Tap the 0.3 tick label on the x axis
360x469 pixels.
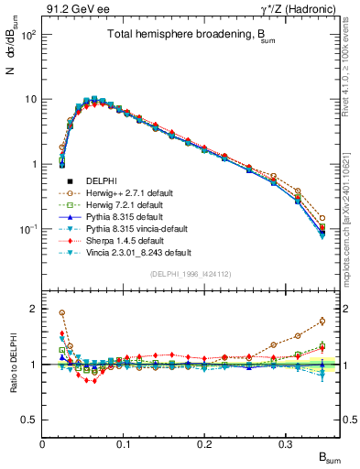pyautogui.click(x=286, y=443)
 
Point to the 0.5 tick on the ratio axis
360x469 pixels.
pyautogui.click(x=31, y=420)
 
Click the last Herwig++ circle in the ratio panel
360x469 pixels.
pyautogui.click(x=322, y=321)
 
